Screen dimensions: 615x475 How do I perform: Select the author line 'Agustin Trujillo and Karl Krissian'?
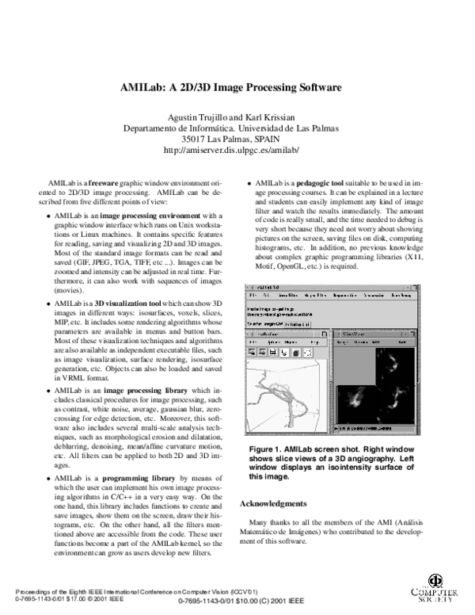coord(230,118)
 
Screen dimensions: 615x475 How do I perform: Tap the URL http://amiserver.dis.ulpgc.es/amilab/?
coord(230,149)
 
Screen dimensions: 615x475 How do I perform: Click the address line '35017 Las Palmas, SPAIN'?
coord(230,139)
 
